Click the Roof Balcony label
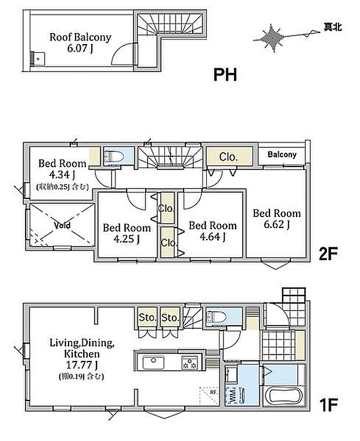(81, 37)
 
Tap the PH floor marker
(225, 75)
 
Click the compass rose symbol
(272, 38)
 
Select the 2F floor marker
(328, 254)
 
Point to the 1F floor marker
(328, 405)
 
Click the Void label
(62, 225)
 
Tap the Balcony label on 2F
(282, 154)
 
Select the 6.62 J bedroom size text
(277, 225)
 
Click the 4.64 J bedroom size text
(213, 237)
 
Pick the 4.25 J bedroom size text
(127, 239)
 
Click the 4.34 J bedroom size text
(62, 175)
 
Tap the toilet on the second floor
(113, 156)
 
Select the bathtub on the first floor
(284, 395)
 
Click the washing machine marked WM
(235, 395)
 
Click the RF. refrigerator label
(213, 392)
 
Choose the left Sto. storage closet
(147, 317)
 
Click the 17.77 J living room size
(82, 365)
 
